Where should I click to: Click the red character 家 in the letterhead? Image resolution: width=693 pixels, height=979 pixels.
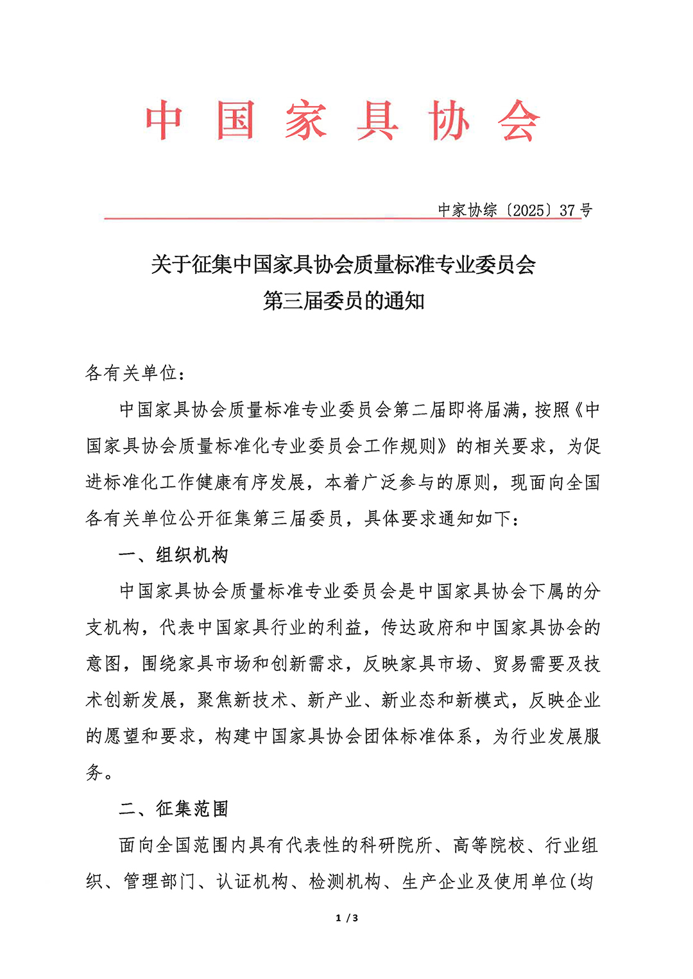(x=306, y=121)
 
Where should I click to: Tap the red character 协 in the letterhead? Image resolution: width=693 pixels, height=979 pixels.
(x=449, y=121)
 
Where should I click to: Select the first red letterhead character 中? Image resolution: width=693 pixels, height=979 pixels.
(x=164, y=121)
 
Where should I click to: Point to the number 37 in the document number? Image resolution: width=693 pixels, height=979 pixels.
(x=567, y=210)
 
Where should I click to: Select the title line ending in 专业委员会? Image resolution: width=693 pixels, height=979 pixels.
(x=343, y=264)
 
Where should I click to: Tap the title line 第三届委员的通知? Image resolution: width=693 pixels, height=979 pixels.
(x=343, y=300)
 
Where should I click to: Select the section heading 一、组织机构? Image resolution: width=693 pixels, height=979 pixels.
(x=173, y=554)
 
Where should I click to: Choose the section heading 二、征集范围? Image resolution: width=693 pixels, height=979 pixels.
(x=173, y=808)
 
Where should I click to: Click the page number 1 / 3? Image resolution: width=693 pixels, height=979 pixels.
(x=347, y=918)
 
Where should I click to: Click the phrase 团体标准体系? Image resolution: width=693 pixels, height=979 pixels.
(x=419, y=736)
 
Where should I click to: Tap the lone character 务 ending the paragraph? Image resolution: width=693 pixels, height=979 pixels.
(x=94, y=772)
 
